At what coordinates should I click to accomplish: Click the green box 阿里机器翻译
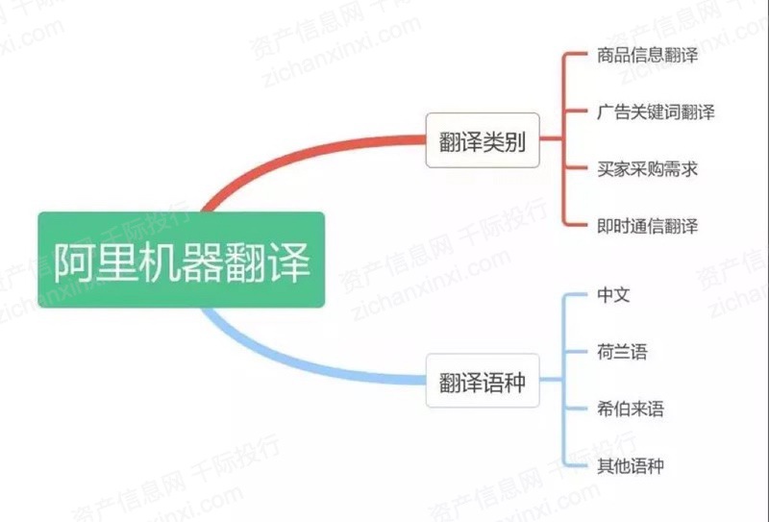(x=182, y=260)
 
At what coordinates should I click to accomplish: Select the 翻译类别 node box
(x=483, y=140)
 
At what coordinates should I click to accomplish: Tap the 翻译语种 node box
(x=483, y=381)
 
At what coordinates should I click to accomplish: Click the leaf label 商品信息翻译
(x=647, y=55)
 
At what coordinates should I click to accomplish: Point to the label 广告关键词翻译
(x=656, y=112)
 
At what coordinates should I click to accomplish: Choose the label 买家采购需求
(x=647, y=169)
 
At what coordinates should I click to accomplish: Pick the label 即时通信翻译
(x=647, y=226)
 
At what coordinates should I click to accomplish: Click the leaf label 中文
(x=613, y=295)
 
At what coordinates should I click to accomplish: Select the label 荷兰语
(x=622, y=352)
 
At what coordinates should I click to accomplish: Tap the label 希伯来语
(x=631, y=409)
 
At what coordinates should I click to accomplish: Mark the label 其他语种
(x=631, y=465)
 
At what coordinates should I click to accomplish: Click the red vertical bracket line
(x=564, y=139)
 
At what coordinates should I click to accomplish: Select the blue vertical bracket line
(x=564, y=381)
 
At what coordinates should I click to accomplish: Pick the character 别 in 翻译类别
(x=514, y=141)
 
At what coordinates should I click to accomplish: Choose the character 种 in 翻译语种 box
(x=514, y=383)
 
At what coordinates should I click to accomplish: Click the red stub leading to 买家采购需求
(x=576, y=168)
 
